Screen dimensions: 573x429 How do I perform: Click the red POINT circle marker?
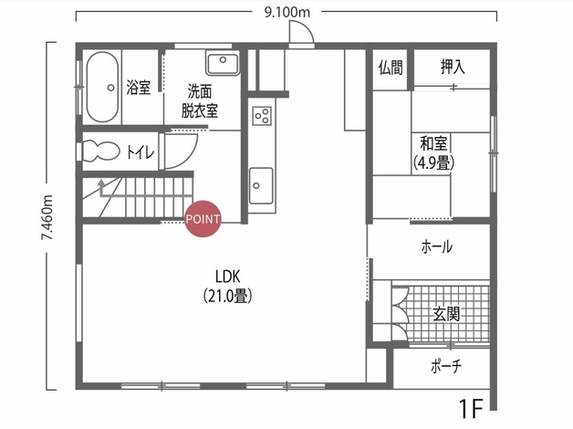pos(203,219)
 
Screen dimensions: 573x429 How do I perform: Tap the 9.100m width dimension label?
pos(286,13)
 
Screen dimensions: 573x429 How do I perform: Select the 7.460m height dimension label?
pos(47,218)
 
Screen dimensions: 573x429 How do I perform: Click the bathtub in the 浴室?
pos(103,87)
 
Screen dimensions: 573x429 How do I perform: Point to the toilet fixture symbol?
pos(99,151)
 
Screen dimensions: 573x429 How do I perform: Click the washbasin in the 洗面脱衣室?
pos(223,62)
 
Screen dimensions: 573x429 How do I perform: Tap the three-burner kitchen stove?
pos(262,116)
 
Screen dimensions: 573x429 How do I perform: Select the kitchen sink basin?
pos(261,185)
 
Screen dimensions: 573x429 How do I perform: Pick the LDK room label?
pos(228,277)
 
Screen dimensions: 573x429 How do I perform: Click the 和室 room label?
pos(433,143)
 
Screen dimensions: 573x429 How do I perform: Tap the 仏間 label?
pos(391,68)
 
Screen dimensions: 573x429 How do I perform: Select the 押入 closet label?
pos(453,68)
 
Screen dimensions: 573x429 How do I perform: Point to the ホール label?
pos(437,247)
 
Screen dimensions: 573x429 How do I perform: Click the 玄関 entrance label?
pos(446,314)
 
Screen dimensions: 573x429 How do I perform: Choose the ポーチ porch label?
pos(446,365)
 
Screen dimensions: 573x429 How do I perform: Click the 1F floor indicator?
pos(471,409)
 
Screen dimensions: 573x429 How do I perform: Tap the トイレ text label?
pos(141,152)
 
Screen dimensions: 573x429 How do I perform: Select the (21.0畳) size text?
pos(228,296)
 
